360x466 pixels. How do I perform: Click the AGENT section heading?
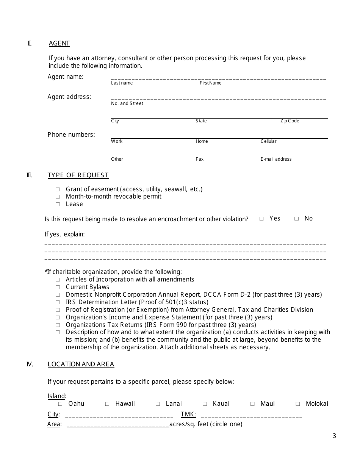click(x=59, y=43)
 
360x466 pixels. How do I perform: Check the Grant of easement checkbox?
click(x=58, y=189)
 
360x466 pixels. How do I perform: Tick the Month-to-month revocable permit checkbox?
click(x=58, y=197)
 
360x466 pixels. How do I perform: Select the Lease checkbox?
click(x=58, y=204)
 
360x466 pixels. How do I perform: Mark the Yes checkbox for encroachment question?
click(x=261, y=219)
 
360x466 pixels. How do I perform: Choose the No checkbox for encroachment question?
click(x=296, y=219)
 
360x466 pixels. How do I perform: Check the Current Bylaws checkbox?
click(x=58, y=287)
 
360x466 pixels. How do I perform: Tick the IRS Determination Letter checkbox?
click(x=58, y=302)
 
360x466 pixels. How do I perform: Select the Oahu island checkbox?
click(x=60, y=404)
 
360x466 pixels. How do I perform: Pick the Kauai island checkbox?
click(x=205, y=404)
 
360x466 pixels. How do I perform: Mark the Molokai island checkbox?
click(x=298, y=404)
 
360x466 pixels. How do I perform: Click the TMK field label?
click(x=188, y=414)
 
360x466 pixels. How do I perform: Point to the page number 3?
click(x=334, y=436)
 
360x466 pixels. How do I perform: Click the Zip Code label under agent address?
click(x=290, y=121)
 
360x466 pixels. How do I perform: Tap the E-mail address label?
click(x=276, y=159)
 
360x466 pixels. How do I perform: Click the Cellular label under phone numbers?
click(x=268, y=141)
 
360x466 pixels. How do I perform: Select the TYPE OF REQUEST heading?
click(x=78, y=175)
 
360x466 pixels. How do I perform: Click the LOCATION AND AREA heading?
click(x=81, y=364)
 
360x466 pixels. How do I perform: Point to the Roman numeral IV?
click(x=30, y=364)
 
